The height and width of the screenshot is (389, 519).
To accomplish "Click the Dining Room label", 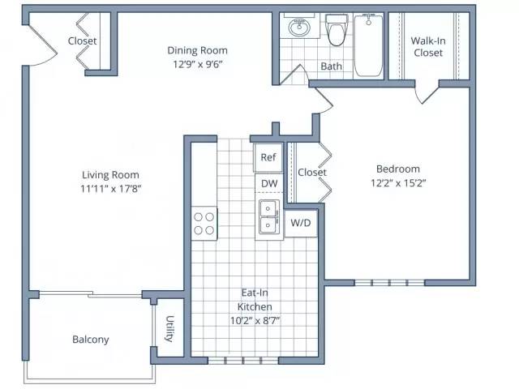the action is [197, 50].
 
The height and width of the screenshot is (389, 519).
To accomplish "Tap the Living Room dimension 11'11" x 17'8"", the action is [111, 189].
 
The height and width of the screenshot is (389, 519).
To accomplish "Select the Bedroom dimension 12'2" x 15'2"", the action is [398, 182].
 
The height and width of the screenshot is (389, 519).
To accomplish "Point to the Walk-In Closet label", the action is [428, 47].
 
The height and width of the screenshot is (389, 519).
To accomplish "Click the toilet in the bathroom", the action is [337, 30].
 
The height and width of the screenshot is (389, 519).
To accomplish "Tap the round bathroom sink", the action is [299, 28].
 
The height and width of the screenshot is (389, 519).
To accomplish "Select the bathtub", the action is [368, 45].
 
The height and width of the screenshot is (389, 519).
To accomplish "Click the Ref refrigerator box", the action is [268, 157].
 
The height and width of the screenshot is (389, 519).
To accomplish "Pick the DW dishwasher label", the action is [269, 184].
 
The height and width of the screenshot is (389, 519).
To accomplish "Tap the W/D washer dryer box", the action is [301, 223].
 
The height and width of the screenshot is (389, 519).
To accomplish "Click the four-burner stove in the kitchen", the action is [204, 224].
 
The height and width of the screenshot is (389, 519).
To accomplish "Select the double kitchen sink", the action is [269, 217].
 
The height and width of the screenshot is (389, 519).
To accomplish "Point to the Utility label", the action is [169, 329].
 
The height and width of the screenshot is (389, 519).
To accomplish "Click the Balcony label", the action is [91, 340].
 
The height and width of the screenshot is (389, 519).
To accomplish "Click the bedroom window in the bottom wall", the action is [389, 283].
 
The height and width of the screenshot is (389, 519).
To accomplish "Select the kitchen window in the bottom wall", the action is [243, 361].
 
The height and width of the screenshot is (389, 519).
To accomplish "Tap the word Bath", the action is [332, 66].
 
